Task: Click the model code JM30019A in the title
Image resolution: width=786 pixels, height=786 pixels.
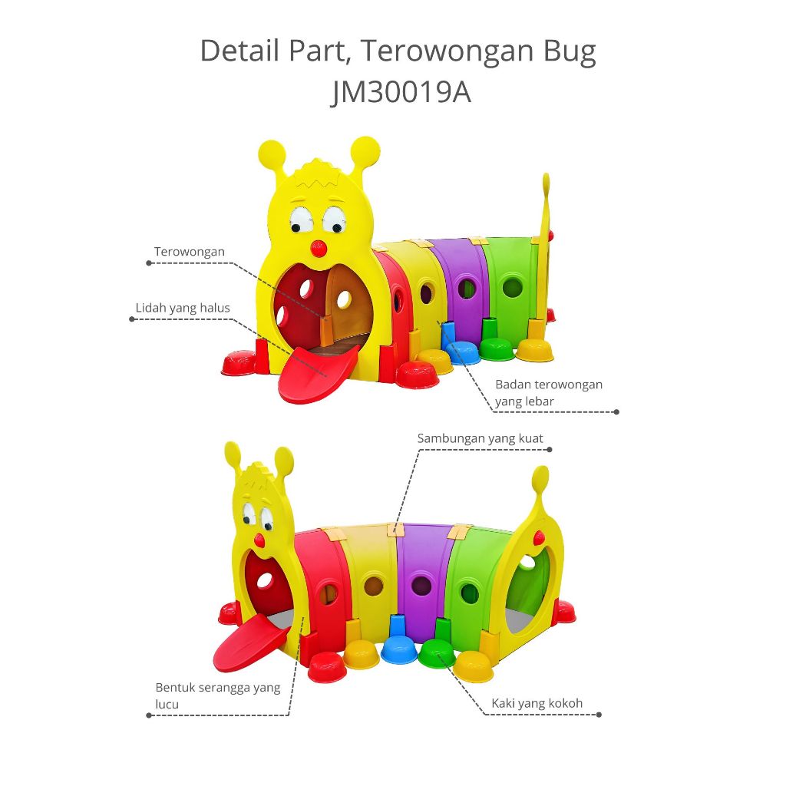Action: coord(400,93)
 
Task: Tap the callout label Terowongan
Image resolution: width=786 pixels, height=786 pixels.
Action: coord(189,252)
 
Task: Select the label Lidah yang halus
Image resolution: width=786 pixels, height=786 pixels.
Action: coord(183,308)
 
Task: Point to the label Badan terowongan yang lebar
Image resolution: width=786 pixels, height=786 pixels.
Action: coord(548,391)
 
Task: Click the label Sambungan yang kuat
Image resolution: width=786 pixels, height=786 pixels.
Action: coord(480,438)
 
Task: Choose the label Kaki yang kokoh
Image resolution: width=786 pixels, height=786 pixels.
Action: coord(537,703)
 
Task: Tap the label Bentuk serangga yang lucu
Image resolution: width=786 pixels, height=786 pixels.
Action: coord(218,695)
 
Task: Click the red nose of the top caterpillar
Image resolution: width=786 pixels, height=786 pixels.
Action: coord(317,249)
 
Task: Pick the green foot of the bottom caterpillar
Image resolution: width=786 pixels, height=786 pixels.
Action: coord(438,653)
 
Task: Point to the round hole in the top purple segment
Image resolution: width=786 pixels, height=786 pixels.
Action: coord(465,289)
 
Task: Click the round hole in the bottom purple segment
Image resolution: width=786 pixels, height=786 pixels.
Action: coord(421,586)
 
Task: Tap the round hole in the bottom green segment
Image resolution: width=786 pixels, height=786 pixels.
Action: coord(468,593)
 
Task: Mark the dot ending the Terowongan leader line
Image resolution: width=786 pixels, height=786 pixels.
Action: coord(149,263)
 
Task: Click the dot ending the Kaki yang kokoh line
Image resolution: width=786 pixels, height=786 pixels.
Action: coord(599,715)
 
